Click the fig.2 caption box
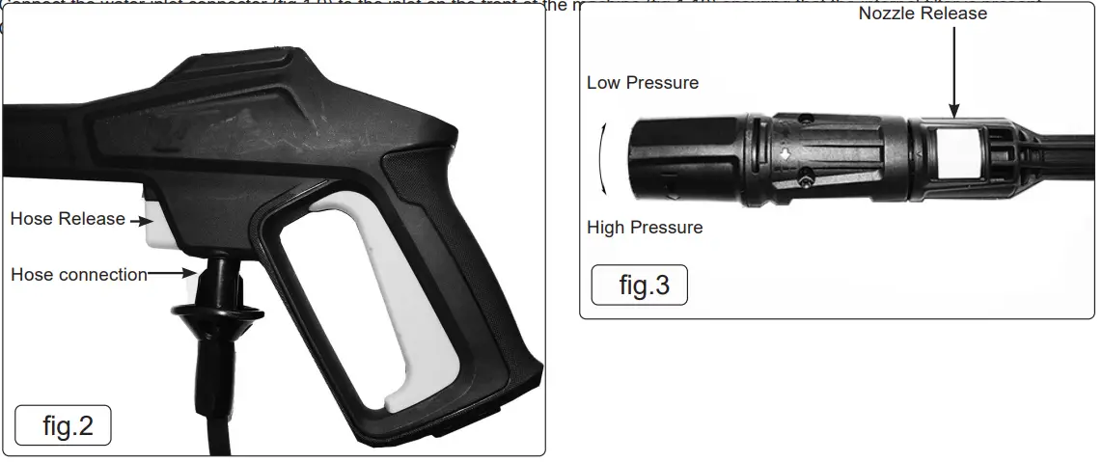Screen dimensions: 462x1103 click(x=64, y=425)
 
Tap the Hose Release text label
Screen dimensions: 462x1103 click(x=68, y=219)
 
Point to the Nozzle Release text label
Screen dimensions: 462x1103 click(x=923, y=14)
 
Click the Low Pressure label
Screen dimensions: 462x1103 click(x=643, y=83)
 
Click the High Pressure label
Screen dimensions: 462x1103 click(x=645, y=228)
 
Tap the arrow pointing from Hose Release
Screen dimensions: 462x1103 click(x=141, y=221)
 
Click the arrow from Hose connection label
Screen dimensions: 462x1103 click(x=174, y=274)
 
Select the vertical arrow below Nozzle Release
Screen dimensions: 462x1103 click(x=953, y=71)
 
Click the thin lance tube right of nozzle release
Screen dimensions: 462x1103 click(x=1062, y=154)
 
